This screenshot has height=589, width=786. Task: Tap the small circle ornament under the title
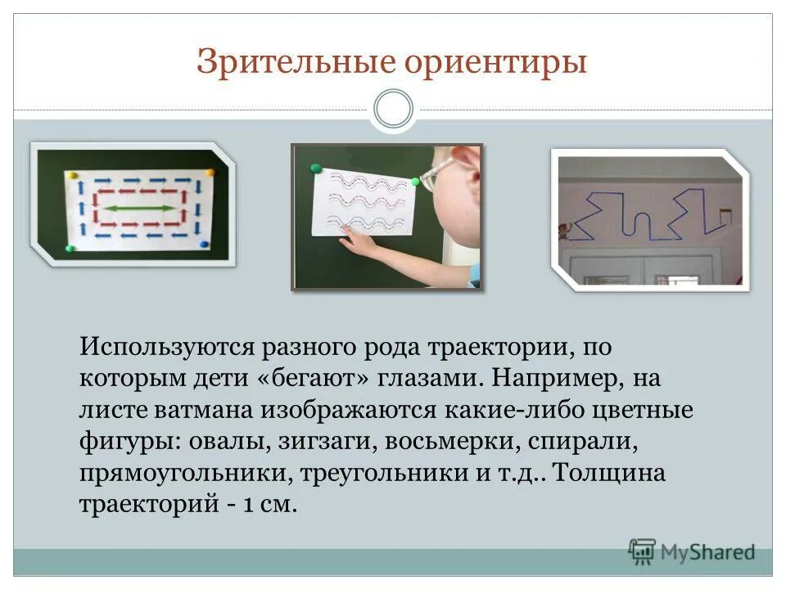[393, 110]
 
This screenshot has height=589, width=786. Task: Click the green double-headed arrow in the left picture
[140, 209]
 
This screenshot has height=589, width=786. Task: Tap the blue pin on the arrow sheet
[204, 243]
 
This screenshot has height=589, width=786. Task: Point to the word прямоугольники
[184, 474]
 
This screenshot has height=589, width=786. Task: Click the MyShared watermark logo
[692, 552]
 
